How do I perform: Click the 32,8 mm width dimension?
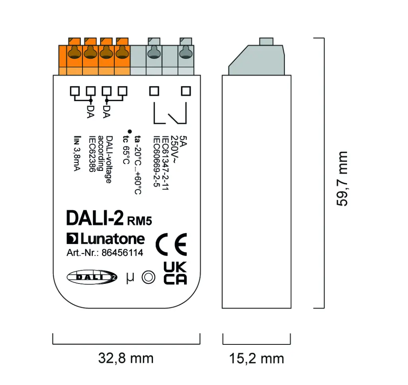[126, 358]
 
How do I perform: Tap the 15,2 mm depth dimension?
[256, 358]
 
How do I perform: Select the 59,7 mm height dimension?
[342, 178]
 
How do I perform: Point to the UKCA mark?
[175, 273]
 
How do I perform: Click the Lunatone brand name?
[105, 239]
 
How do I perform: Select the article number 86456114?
[122, 253]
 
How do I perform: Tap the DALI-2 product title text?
[94, 218]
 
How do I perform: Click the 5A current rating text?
[183, 140]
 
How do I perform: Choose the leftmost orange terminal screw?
[74, 52]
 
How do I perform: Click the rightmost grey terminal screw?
[185, 52]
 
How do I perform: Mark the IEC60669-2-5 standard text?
[157, 159]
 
